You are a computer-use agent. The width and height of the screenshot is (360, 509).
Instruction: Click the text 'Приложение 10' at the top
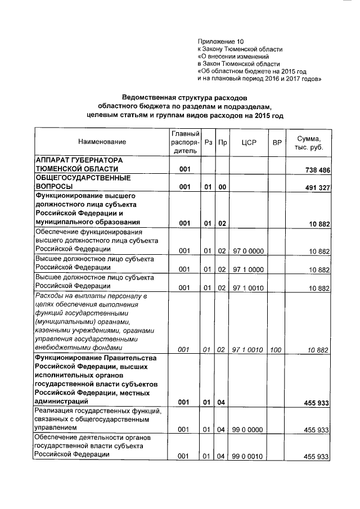click(221, 42)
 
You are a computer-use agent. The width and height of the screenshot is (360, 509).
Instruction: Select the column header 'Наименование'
click(102, 142)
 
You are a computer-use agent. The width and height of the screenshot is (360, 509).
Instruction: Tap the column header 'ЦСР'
click(248, 142)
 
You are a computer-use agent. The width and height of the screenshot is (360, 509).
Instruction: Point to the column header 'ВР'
click(276, 142)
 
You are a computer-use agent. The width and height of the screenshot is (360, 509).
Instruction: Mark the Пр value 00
click(222, 187)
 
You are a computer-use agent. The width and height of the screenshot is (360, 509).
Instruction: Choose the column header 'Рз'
click(208, 142)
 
